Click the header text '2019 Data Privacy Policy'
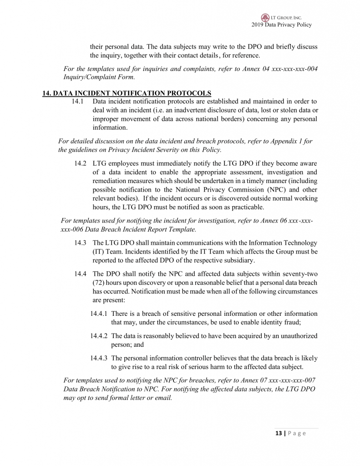[281, 25]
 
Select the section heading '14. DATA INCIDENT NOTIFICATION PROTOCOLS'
[127, 93]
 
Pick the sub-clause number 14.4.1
[99, 314]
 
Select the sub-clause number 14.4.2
[99, 336]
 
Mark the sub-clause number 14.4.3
[99, 358]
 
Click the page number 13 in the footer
[278, 433]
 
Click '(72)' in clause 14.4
[99, 282]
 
